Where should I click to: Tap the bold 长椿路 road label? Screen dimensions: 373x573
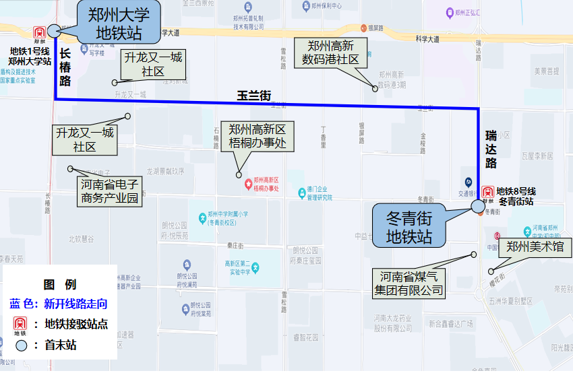65,67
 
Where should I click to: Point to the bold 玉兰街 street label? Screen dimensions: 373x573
253,96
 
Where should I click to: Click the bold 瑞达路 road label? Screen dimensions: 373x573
491,149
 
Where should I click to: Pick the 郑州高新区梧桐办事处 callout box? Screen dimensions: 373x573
258,136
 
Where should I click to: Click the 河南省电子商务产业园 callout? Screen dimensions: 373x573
109,191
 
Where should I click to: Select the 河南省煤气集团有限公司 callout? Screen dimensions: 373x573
410,283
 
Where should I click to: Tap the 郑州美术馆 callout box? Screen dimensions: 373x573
535,247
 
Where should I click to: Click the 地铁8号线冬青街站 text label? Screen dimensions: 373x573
516,196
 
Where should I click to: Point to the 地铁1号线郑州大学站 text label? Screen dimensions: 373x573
30,56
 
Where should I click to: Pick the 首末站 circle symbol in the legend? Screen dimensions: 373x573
22,346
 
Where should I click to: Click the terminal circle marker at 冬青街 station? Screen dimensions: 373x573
478,206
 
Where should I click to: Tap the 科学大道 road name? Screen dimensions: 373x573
427,40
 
